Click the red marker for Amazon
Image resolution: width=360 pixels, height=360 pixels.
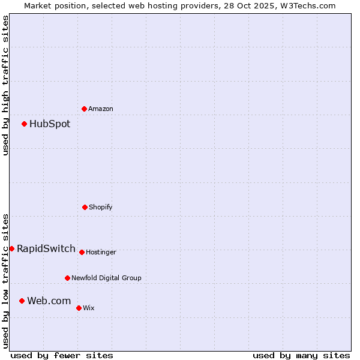point(84,109)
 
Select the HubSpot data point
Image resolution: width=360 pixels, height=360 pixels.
point(24,124)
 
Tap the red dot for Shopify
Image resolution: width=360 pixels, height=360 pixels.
point(85,207)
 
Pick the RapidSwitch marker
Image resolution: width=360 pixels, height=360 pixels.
point(11,248)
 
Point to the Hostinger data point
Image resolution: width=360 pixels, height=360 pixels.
point(82,252)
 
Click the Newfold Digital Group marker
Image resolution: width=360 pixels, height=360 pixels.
point(67,278)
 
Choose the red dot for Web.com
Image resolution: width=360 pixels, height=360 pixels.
point(22,301)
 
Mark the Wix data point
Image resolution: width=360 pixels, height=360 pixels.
point(79,308)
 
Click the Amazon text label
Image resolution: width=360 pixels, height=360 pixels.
point(101,109)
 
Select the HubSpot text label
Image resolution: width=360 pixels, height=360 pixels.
point(50,124)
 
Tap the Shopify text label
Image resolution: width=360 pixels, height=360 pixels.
point(101,207)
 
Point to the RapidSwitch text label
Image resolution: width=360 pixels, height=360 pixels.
point(46,248)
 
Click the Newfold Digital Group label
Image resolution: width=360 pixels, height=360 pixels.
point(106,278)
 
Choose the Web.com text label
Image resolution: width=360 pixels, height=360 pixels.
point(49,301)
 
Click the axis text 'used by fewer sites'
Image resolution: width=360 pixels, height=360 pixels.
point(62,355)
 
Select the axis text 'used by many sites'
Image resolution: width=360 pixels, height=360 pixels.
point(301,355)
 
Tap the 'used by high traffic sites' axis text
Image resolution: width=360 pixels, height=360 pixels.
point(5,85)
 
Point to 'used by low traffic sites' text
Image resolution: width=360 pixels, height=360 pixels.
point(5,281)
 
